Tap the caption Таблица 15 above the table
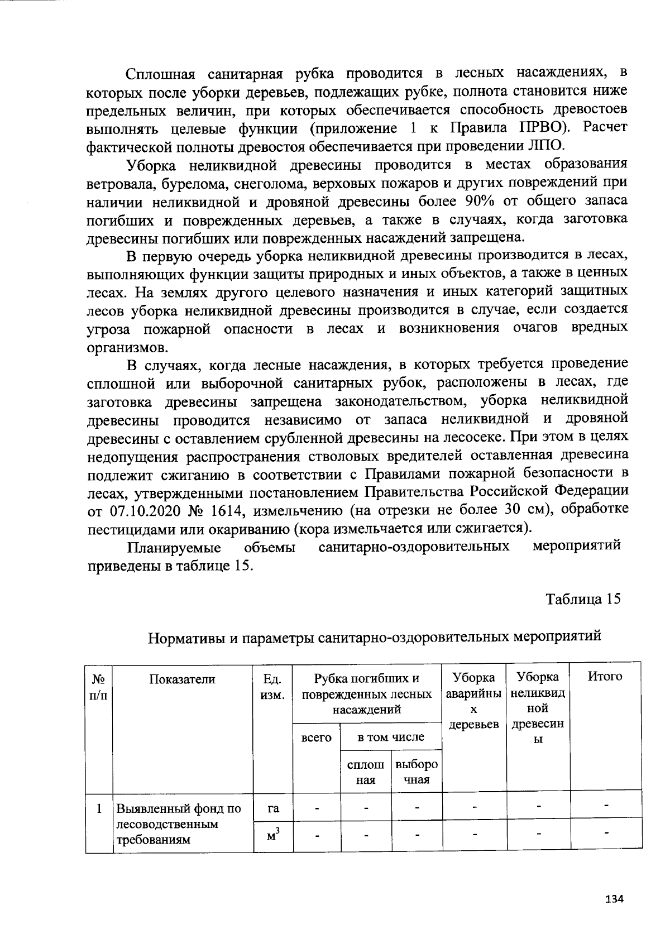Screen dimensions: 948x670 pyautogui.click(x=583, y=599)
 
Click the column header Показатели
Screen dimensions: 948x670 pyautogui.click(x=182, y=678)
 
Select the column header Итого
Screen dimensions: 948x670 pyautogui.click(x=605, y=677)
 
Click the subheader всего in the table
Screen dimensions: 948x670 pyautogui.click(x=316, y=738)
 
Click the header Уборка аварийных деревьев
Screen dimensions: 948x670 pyautogui.click(x=473, y=701)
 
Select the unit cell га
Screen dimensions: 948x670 pyautogui.click(x=273, y=808)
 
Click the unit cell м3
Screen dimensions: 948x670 pyautogui.click(x=273, y=836)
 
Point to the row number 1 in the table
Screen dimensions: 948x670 pyautogui.click(x=99, y=808)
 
